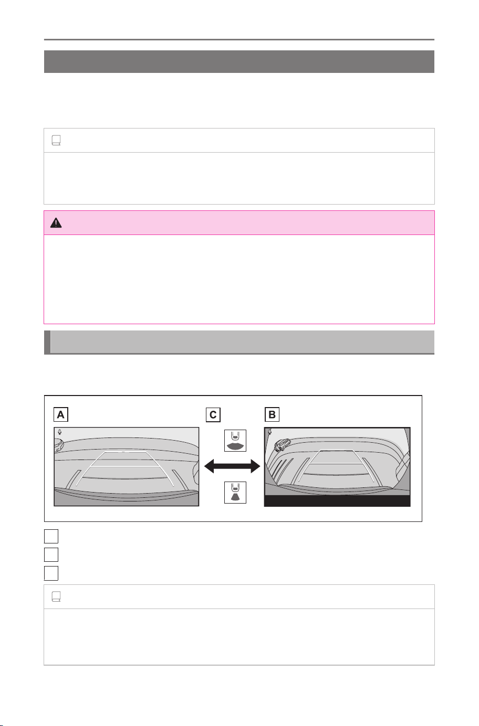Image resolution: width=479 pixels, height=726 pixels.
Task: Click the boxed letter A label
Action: pos(61,414)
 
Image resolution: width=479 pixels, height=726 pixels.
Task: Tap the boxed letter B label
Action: pos(272,414)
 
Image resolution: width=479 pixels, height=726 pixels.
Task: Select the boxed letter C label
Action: pos(213,415)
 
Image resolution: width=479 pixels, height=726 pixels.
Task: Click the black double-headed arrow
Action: pos(232,466)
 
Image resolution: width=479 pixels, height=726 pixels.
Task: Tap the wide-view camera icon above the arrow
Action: pos(235,441)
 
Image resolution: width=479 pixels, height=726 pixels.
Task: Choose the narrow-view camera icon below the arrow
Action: pos(235,493)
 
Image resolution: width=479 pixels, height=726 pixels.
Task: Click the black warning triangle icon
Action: pos(56,223)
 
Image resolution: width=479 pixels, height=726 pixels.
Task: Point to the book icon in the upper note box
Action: pos(56,141)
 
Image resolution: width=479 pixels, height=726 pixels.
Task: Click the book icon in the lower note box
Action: pos(56,596)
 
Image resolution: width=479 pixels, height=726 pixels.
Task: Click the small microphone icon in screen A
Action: pos(60,432)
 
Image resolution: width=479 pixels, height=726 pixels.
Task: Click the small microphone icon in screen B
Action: pos(269,431)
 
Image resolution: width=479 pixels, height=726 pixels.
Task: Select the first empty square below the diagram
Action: pos(51,537)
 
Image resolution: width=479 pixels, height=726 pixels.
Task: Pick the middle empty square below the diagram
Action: pos(51,555)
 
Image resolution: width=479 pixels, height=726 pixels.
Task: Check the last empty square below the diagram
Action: pos(51,573)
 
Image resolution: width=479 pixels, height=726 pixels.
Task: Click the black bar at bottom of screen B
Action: pos(337,501)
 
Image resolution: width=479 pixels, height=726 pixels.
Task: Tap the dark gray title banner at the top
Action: pos(239,61)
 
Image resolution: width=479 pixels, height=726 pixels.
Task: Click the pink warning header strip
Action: pos(239,222)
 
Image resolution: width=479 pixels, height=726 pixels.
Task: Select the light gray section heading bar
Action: pos(239,342)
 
